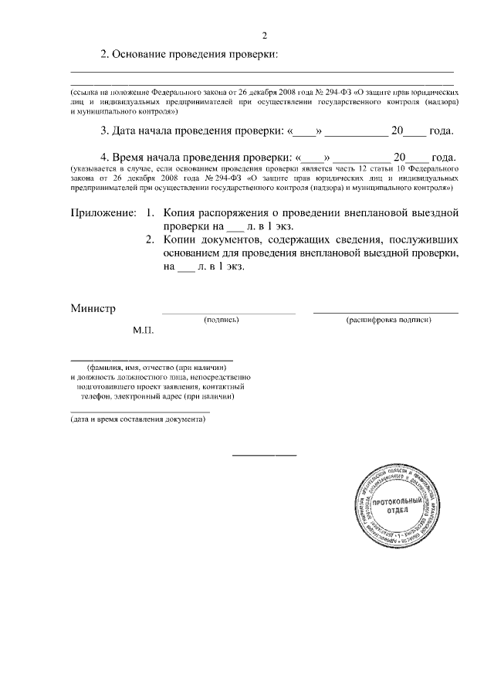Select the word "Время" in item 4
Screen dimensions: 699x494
point(132,156)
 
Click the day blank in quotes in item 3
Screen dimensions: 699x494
point(306,131)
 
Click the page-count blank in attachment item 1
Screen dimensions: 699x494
point(235,227)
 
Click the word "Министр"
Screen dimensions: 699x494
point(93,309)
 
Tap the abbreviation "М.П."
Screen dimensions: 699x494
point(143,331)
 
